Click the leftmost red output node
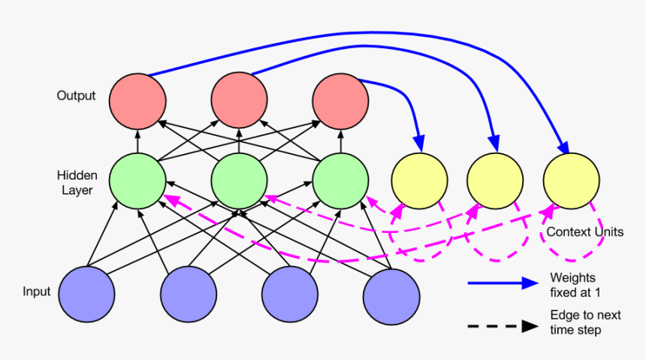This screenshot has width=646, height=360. click(137, 100)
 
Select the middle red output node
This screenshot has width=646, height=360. click(239, 100)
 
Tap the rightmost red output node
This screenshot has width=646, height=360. click(340, 100)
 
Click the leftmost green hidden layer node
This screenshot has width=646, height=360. click(137, 183)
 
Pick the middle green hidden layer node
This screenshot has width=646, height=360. click(239, 183)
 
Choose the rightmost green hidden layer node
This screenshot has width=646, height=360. click(340, 183)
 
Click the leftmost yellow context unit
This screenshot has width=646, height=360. click(420, 181)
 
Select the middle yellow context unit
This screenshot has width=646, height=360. click(495, 181)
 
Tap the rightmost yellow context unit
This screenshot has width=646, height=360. click(572, 181)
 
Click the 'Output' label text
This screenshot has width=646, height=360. click(76, 96)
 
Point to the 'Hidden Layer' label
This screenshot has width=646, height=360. click(77, 183)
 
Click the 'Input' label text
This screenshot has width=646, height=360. click(36, 292)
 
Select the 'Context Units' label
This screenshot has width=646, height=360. click(584, 232)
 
